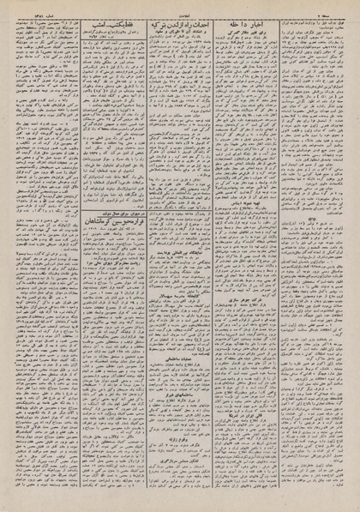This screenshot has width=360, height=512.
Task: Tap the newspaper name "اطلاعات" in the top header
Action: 179,9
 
